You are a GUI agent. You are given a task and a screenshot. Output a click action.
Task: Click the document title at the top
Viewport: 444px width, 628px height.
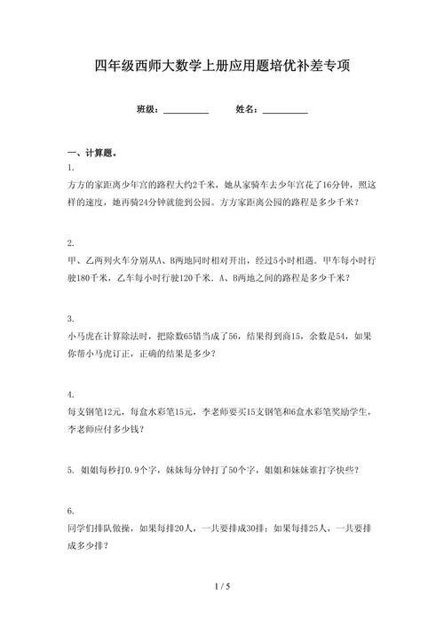click(222, 67)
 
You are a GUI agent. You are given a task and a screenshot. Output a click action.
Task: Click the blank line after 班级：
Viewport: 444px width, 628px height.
click(186, 109)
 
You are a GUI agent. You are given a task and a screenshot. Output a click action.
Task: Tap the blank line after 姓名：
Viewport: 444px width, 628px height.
click(285, 109)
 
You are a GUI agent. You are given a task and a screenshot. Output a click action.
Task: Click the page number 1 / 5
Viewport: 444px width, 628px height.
click(222, 586)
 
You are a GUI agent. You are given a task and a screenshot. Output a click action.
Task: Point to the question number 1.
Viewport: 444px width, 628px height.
click(69, 168)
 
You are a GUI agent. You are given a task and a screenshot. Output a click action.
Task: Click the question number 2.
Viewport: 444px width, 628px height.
click(69, 242)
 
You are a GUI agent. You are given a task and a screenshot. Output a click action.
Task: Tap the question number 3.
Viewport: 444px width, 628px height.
click(69, 318)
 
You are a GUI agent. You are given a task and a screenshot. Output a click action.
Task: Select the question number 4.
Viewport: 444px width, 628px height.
click(69, 393)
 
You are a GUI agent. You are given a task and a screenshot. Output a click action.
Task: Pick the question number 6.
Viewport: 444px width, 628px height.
click(69, 512)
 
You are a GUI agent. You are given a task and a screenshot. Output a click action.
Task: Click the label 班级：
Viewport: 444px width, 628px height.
click(148, 109)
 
